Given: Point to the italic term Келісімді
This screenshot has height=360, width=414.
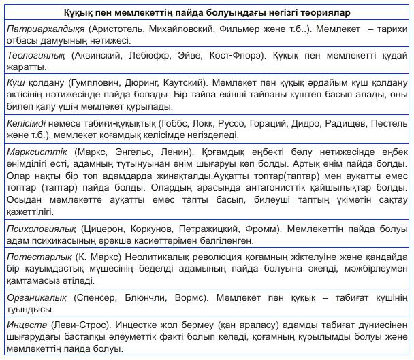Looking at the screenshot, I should (27, 124).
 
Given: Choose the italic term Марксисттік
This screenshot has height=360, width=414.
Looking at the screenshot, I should (36, 149).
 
